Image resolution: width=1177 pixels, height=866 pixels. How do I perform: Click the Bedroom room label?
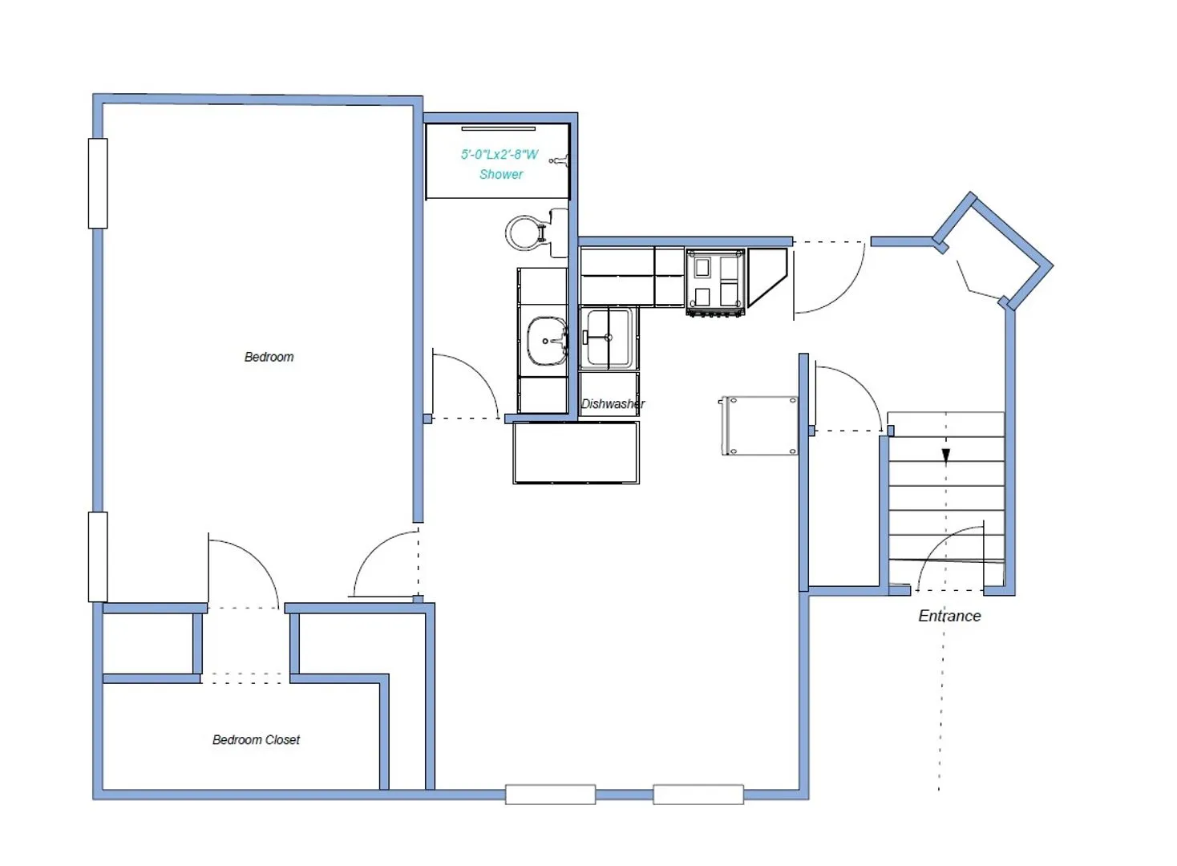[x=269, y=357]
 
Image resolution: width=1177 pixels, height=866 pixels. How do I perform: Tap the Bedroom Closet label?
[x=256, y=739]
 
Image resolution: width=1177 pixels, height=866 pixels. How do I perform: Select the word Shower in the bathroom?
[x=501, y=174]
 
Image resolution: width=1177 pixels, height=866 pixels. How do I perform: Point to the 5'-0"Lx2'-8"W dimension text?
[x=500, y=154]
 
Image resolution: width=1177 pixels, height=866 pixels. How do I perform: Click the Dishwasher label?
[x=613, y=403]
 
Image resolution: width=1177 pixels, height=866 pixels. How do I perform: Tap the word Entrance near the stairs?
[x=949, y=616]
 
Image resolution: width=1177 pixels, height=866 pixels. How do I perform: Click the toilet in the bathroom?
[x=527, y=232]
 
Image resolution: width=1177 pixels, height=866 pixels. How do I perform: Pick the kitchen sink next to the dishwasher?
[x=609, y=338]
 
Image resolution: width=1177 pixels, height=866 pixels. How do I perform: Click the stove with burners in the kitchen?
[x=715, y=281]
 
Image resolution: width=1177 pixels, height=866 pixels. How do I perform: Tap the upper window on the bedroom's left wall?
[x=98, y=184]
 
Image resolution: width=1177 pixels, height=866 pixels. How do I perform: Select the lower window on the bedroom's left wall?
[x=98, y=556]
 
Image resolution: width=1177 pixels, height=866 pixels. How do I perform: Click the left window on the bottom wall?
[x=550, y=795]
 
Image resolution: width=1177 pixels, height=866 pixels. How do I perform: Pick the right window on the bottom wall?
[x=698, y=795]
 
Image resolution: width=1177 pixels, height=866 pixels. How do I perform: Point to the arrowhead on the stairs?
[x=946, y=456]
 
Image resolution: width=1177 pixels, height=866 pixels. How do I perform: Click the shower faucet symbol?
[x=560, y=160]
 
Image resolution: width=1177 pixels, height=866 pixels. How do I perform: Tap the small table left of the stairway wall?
[x=759, y=426]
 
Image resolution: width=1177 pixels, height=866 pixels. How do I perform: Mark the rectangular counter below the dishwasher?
[x=576, y=453]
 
